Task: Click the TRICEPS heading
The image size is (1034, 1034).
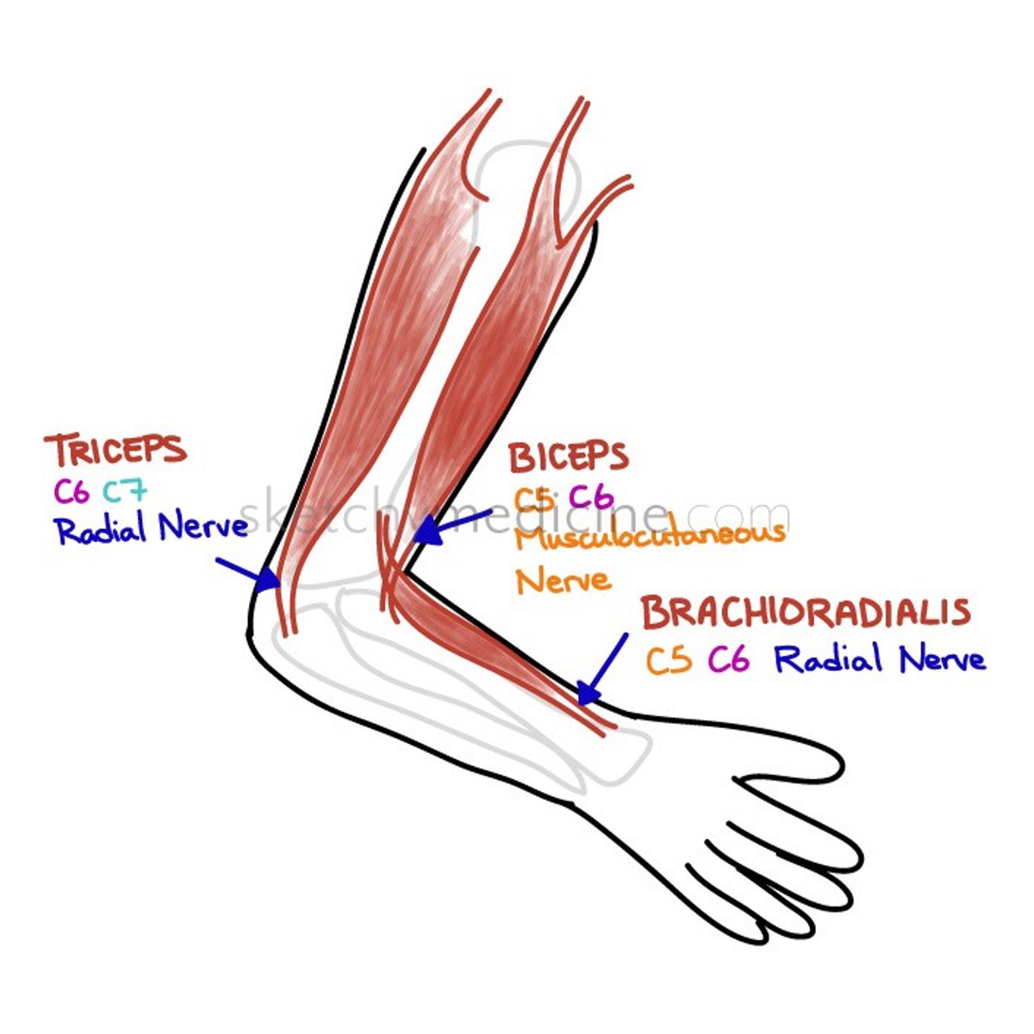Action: pos(115,451)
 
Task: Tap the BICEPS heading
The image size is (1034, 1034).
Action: pos(568,458)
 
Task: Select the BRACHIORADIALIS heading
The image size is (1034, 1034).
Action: pos(806,613)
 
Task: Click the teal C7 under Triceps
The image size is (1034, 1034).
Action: pos(125,491)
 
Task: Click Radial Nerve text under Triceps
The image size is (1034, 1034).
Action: pos(152,528)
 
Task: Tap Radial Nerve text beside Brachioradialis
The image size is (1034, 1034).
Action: pos(879,661)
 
